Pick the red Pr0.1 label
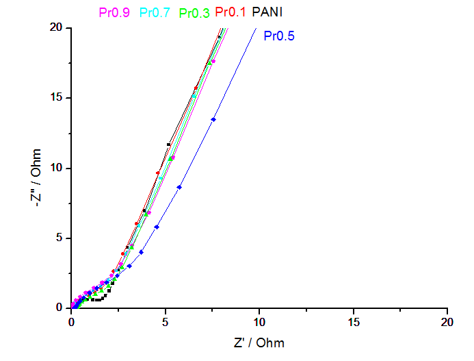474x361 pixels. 231,12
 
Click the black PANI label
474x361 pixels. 267,12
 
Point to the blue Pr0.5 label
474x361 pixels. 279,36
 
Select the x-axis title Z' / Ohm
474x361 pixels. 259,343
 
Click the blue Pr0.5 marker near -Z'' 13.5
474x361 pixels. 213,119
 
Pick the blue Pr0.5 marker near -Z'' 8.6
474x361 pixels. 179,187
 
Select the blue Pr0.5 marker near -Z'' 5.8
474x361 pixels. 157,227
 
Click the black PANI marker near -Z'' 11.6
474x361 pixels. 168,145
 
